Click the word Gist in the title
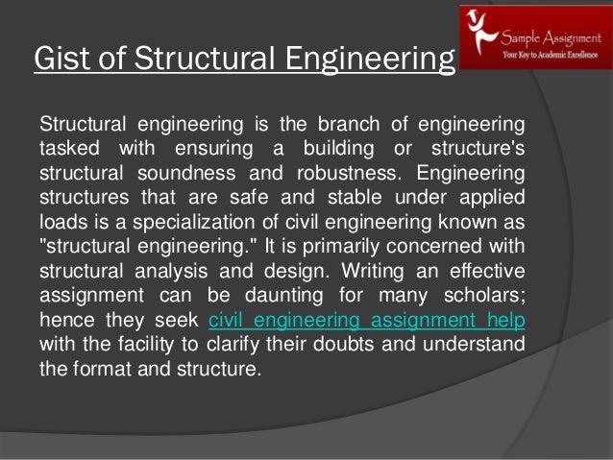(x=57, y=59)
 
